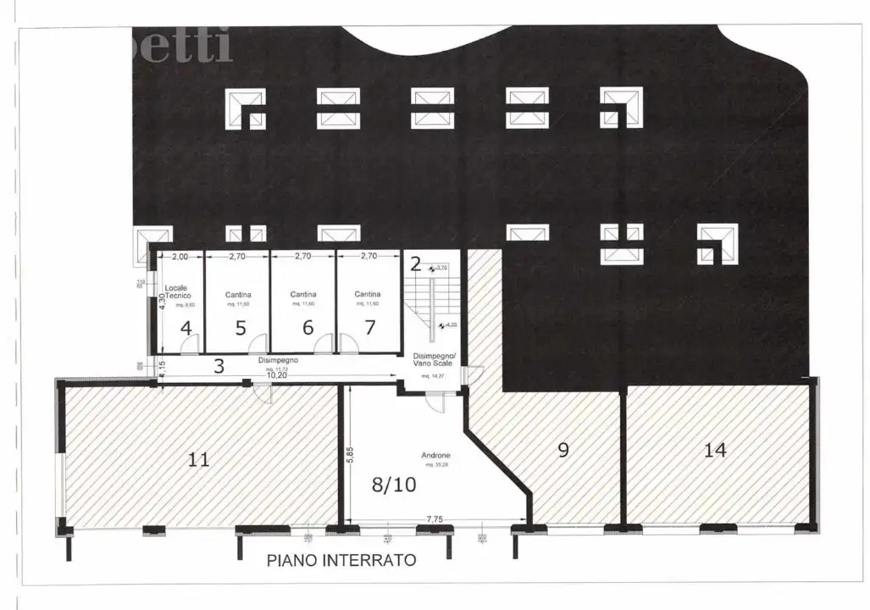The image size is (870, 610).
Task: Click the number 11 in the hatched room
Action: coord(198,459)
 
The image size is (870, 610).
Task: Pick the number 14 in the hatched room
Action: coord(715,450)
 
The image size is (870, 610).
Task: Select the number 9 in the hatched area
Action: coord(563,450)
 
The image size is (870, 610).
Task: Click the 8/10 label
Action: coord(394,485)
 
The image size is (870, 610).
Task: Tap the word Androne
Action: coord(435,457)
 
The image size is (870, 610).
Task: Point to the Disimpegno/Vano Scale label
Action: coord(434,358)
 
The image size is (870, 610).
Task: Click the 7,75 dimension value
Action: coord(435,519)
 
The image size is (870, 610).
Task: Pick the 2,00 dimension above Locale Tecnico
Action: coord(180,255)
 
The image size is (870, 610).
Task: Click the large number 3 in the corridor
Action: coord(219,366)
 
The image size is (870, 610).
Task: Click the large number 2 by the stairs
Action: coord(415,263)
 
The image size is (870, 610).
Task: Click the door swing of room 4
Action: coord(191,344)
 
